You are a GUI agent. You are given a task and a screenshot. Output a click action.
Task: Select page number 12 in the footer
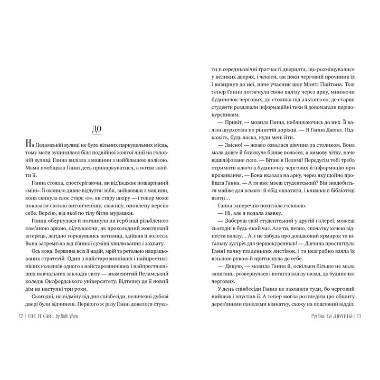tap(21, 317)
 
